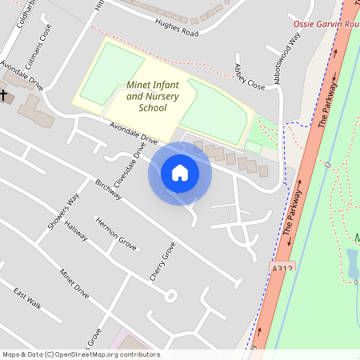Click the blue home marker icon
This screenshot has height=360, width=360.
click(180, 173)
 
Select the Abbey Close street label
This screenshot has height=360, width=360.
click(249, 76)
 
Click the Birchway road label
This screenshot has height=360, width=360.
click(107, 193)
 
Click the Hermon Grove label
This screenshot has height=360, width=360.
click(116, 233)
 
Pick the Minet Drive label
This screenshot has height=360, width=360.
click(74, 283)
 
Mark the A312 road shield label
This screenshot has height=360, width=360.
click(282, 270)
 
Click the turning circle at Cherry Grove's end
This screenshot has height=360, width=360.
click(170, 295)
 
